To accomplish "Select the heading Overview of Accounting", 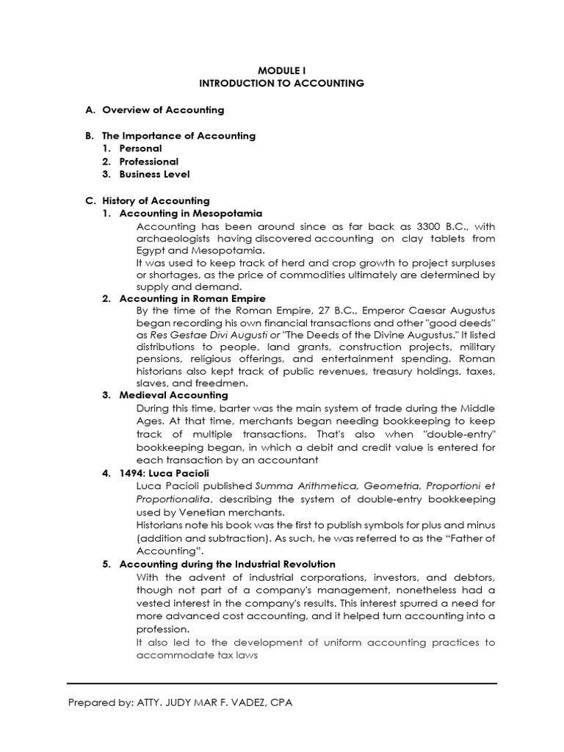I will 163,110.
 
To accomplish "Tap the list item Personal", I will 141,148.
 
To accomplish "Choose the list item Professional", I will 149,162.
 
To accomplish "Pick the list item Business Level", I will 154,174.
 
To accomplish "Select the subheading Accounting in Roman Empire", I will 192,299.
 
